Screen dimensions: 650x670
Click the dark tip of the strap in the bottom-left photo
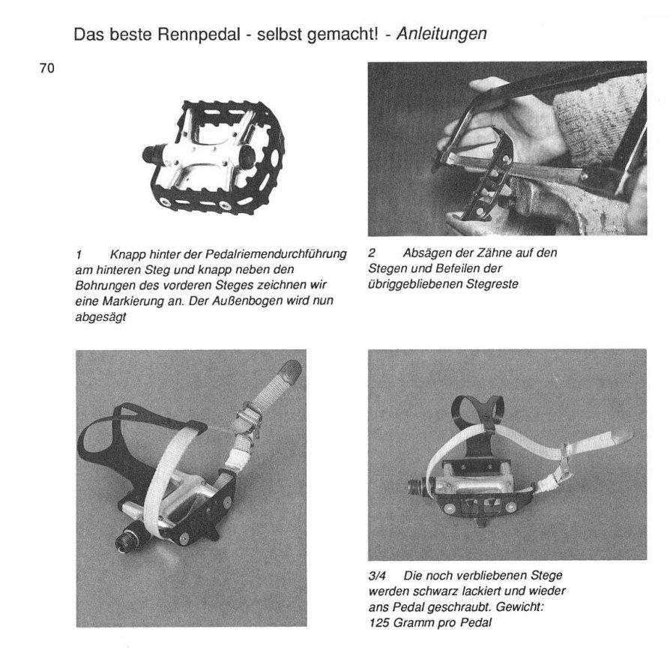pyautogui.click(x=290, y=370)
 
